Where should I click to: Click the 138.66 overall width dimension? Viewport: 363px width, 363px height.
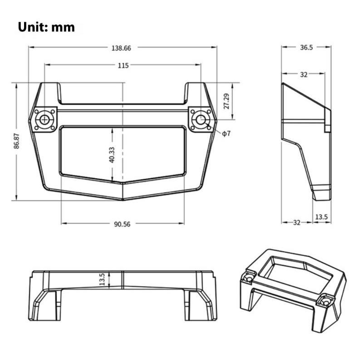point(123,48)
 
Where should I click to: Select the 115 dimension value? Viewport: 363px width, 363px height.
point(123,65)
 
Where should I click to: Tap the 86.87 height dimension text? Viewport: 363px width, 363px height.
point(17,141)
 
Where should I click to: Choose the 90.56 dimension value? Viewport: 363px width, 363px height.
point(123,224)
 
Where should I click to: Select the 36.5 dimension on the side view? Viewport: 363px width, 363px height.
point(306,48)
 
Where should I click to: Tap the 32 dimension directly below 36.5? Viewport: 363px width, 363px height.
point(304,74)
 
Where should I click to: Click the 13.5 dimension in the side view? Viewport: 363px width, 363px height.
point(321,217)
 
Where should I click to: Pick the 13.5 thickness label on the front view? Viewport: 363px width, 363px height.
point(102,279)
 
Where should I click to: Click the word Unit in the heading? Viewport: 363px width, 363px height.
point(32,27)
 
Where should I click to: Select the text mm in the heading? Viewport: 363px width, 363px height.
point(63,27)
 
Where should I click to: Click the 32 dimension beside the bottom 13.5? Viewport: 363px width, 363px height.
point(297,222)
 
